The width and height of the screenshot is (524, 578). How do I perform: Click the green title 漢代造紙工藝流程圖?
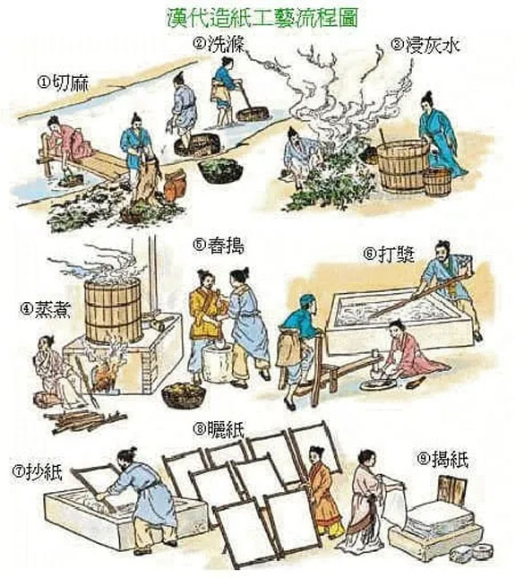click(262, 17)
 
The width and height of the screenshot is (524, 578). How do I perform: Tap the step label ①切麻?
click(63, 82)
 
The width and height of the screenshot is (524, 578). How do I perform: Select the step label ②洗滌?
click(218, 43)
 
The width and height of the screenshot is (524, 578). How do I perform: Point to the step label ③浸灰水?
click(425, 46)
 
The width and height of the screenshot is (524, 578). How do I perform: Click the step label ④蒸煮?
click(45, 309)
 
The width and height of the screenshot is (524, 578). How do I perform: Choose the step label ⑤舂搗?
click(219, 246)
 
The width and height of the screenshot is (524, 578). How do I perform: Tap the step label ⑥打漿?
click(389, 254)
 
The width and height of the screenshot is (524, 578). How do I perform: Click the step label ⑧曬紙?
click(219, 429)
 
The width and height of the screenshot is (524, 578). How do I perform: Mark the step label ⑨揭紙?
click(442, 459)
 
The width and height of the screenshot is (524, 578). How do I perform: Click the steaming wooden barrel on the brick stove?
click(113, 311)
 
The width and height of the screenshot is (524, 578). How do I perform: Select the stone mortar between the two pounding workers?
click(217, 364)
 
